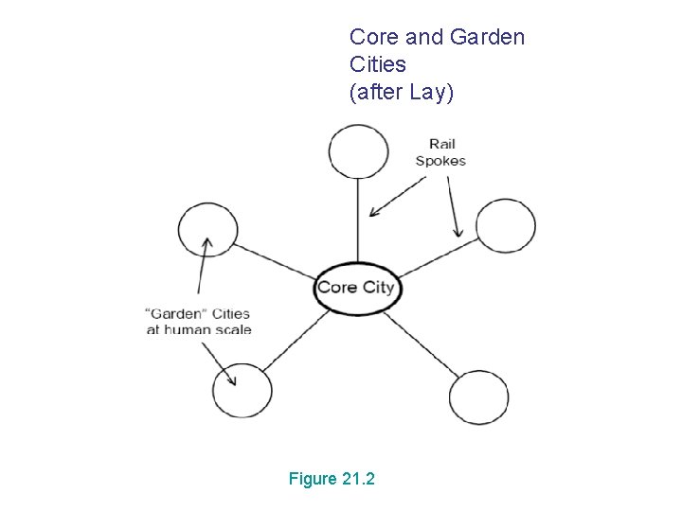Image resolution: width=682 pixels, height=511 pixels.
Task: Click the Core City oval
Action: pos(356,288)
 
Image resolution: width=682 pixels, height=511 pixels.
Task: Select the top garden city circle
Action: pos(358,151)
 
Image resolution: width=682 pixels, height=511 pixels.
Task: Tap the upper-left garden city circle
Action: pos(207,230)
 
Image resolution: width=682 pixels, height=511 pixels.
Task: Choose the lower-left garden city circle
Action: pos(242,390)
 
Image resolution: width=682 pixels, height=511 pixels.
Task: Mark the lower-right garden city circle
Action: pos(478,397)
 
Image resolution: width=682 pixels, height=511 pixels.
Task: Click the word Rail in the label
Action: pos(441,144)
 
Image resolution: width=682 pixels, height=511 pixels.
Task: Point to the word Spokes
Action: pos(440,161)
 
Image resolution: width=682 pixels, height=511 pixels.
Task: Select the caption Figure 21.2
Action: pos(332,479)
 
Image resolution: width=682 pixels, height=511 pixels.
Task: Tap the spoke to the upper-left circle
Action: pos(275,260)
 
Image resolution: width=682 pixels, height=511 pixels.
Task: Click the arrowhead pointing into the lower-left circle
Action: pos(231,380)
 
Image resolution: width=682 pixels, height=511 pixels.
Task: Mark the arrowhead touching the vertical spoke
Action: pos(374,212)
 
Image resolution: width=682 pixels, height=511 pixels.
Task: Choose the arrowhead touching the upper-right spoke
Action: pos(458,232)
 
